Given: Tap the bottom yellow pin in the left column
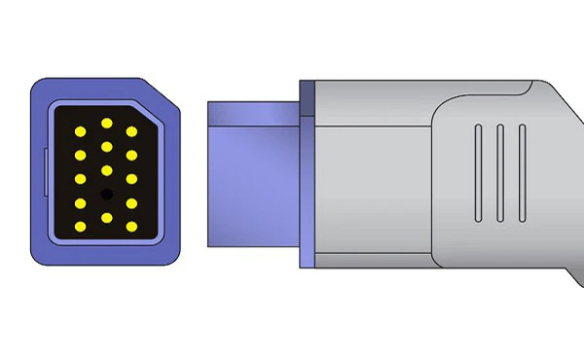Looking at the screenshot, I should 80,228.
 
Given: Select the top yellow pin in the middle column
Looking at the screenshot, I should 105,123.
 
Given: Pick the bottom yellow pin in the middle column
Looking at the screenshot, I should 105,219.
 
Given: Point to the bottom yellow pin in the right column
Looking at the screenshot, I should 130,228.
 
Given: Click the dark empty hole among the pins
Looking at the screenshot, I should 105,195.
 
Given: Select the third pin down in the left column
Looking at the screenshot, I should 80,179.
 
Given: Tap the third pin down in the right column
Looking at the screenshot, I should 130,179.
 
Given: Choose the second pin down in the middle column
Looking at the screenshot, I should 105,147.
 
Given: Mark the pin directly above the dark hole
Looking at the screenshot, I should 105,171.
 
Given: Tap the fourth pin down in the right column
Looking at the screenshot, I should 130,203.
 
